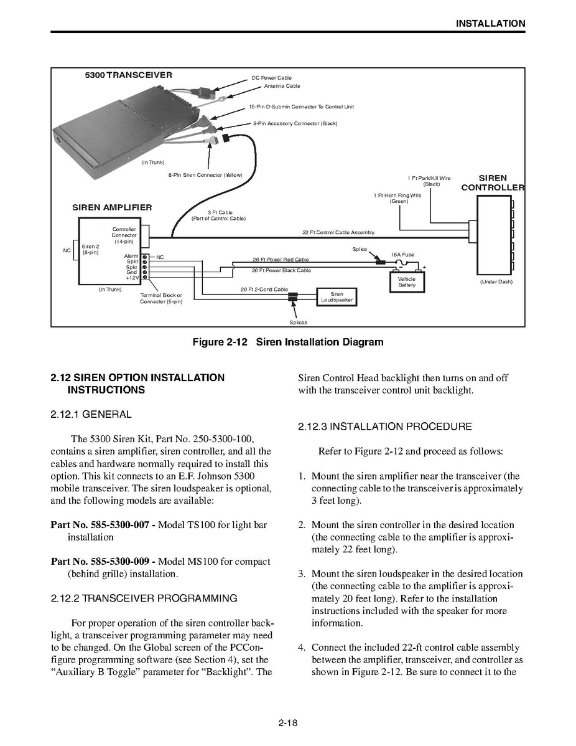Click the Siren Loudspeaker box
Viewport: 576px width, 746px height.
coord(337,297)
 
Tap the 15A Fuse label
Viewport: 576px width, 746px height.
coord(402,255)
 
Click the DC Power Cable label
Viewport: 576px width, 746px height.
coord(271,78)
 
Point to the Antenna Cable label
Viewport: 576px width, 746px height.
coord(282,86)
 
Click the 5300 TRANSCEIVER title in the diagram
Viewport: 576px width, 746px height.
coord(129,75)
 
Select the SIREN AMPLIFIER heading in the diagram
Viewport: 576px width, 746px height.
coord(112,207)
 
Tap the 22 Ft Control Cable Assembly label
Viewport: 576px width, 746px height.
coord(338,232)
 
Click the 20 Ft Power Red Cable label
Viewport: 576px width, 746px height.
coord(280,259)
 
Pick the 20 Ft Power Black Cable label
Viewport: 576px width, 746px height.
coord(281,271)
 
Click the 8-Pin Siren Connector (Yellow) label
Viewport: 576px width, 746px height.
coord(205,175)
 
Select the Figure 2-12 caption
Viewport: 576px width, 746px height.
coord(288,342)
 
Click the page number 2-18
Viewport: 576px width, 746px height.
coord(288,723)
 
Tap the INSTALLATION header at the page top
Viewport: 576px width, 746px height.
coord(490,24)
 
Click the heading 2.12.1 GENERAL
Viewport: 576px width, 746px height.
coord(91,414)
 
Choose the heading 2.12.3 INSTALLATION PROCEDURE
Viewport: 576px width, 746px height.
coord(385,427)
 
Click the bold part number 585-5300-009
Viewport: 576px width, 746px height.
coord(103,561)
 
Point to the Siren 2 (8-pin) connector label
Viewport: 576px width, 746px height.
coord(90,249)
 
